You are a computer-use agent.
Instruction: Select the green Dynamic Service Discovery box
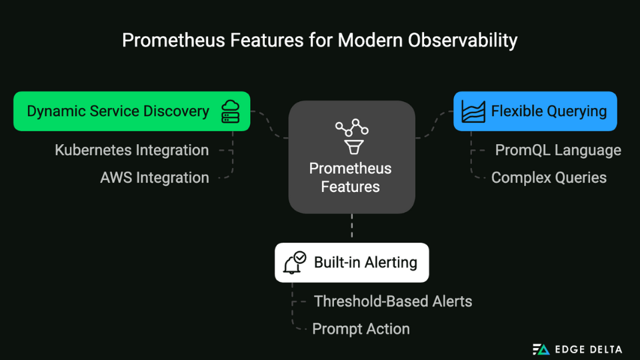tap(131, 111)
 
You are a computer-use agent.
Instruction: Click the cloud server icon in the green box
tap(230, 111)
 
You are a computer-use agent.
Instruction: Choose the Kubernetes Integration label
tap(131, 150)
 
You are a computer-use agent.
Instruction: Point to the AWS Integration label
tap(154, 178)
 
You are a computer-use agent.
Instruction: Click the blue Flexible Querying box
tap(535, 111)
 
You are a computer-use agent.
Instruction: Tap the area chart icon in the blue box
tap(473, 111)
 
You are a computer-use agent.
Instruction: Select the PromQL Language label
tap(557, 150)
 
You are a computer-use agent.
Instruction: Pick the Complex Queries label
tap(549, 178)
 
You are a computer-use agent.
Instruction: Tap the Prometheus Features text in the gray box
tap(351, 177)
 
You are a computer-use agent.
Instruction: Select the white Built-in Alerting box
tap(351, 263)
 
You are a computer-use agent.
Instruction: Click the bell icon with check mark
tap(294, 263)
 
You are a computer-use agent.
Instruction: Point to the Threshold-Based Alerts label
tap(393, 301)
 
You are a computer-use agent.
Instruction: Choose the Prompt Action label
tap(361, 329)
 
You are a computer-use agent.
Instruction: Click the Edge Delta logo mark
tap(541, 349)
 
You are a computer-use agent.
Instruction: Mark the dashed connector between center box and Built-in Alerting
tap(351, 228)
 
